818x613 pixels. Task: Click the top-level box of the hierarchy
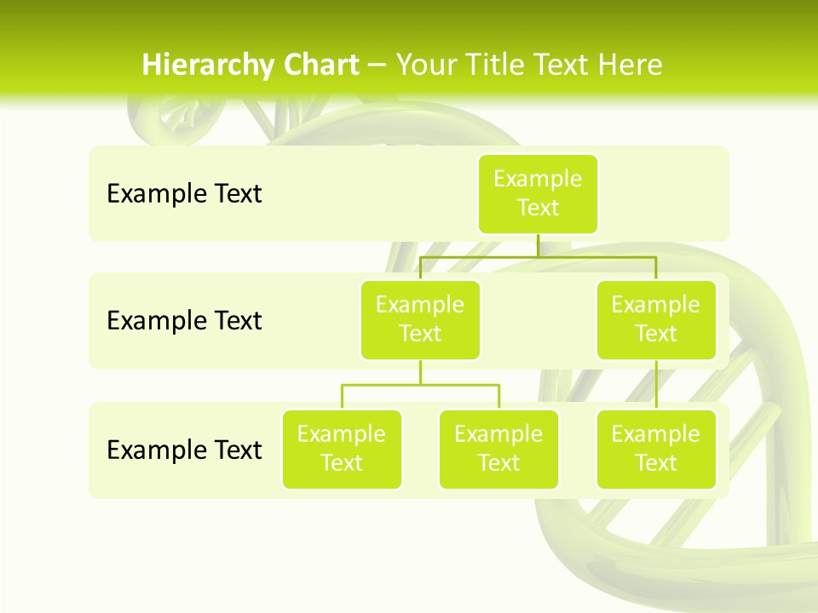pos(538,194)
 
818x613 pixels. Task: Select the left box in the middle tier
pos(420,320)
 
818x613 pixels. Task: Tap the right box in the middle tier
pos(656,320)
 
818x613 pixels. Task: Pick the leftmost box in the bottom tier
pos(342,450)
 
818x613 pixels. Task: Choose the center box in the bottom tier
pos(498,450)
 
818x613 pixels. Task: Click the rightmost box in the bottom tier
pos(656,450)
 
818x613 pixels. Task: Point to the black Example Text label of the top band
pos(184,194)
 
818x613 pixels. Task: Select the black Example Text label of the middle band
pos(184,321)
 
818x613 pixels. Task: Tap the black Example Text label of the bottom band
pos(184,450)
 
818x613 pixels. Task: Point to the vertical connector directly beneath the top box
pos(538,245)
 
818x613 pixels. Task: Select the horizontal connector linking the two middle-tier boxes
pos(538,256)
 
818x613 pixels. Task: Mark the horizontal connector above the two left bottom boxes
pos(420,385)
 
